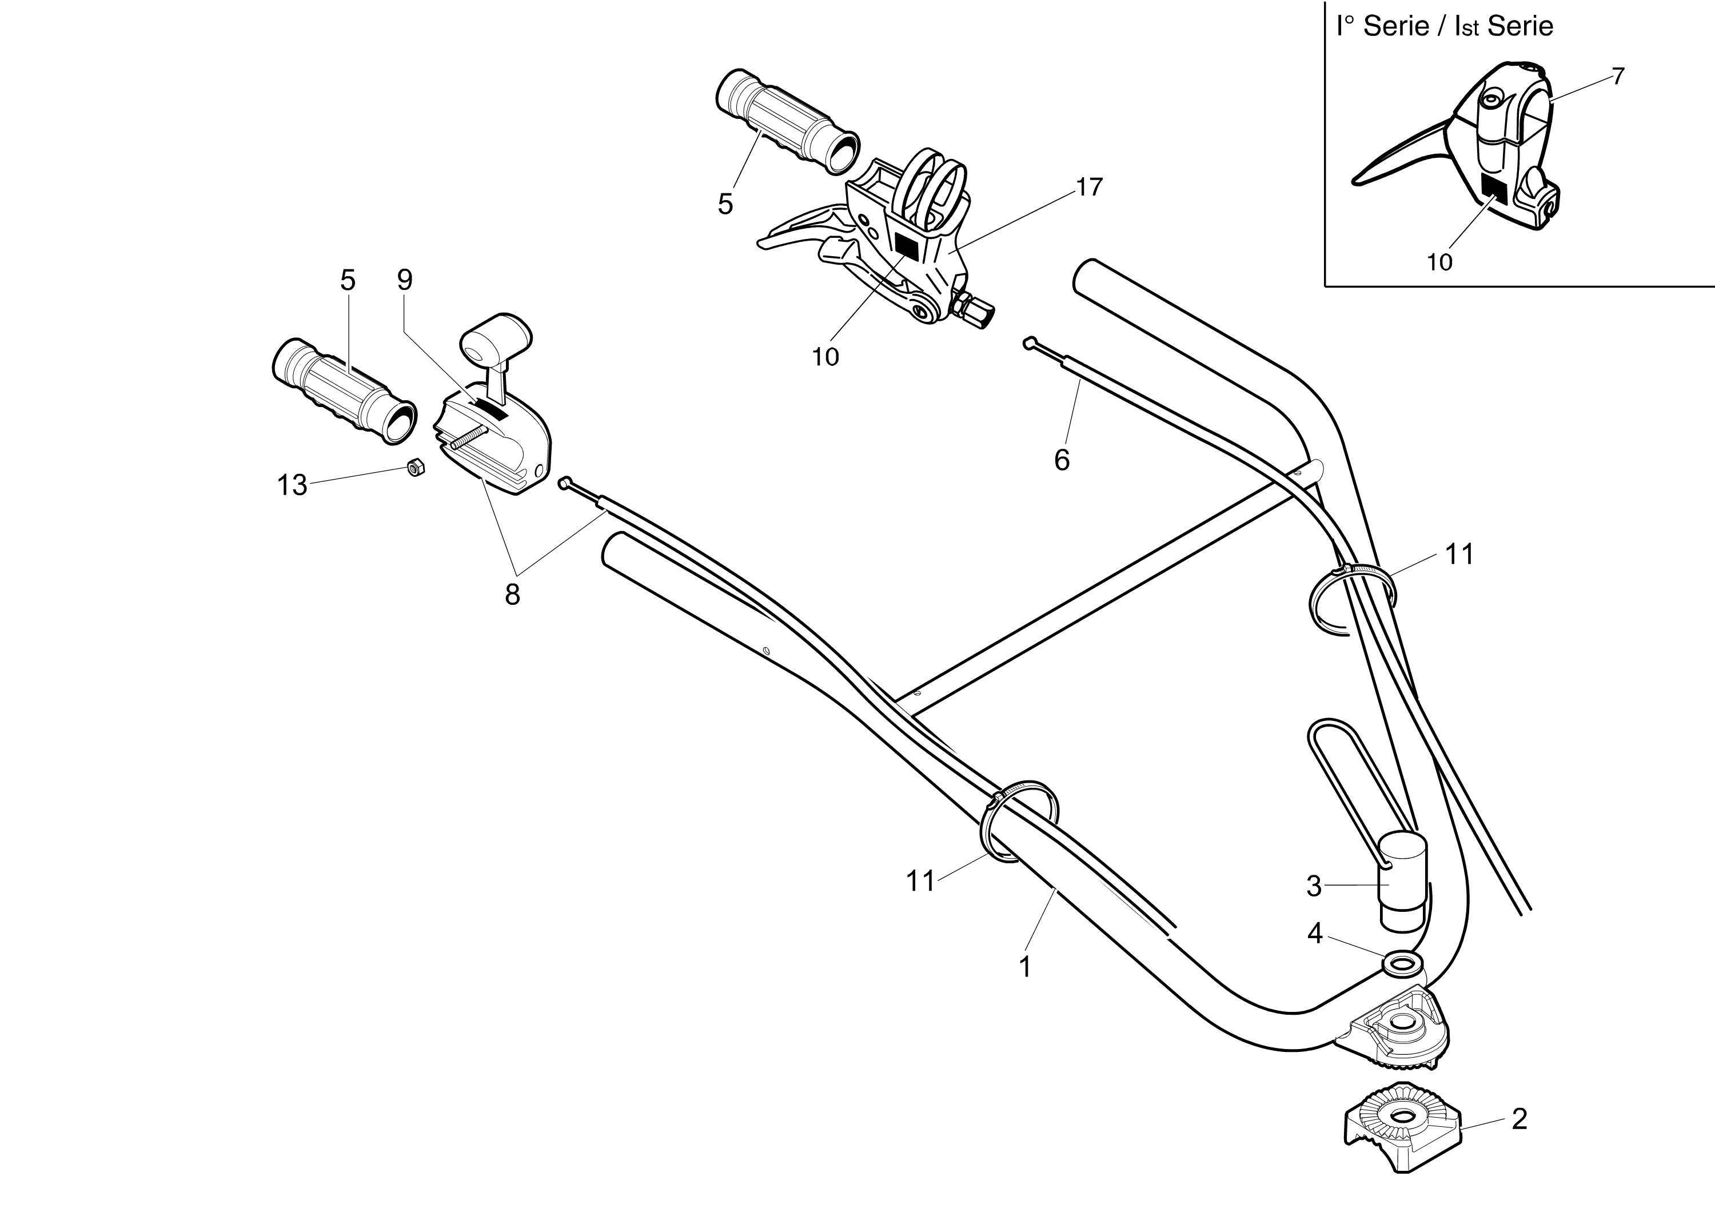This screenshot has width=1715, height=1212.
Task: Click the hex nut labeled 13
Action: (x=414, y=468)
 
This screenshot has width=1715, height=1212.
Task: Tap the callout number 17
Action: (x=1090, y=188)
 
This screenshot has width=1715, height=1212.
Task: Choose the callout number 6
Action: (x=1062, y=460)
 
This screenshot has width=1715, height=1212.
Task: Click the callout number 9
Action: (x=404, y=280)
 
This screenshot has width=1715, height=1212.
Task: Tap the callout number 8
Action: (x=512, y=595)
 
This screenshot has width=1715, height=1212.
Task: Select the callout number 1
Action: (x=1025, y=967)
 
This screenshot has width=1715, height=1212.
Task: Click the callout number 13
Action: (x=292, y=485)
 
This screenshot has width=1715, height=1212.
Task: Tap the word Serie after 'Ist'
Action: (x=1520, y=26)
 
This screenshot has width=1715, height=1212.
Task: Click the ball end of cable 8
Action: (x=565, y=483)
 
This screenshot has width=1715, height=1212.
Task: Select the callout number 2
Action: (x=1519, y=1119)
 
